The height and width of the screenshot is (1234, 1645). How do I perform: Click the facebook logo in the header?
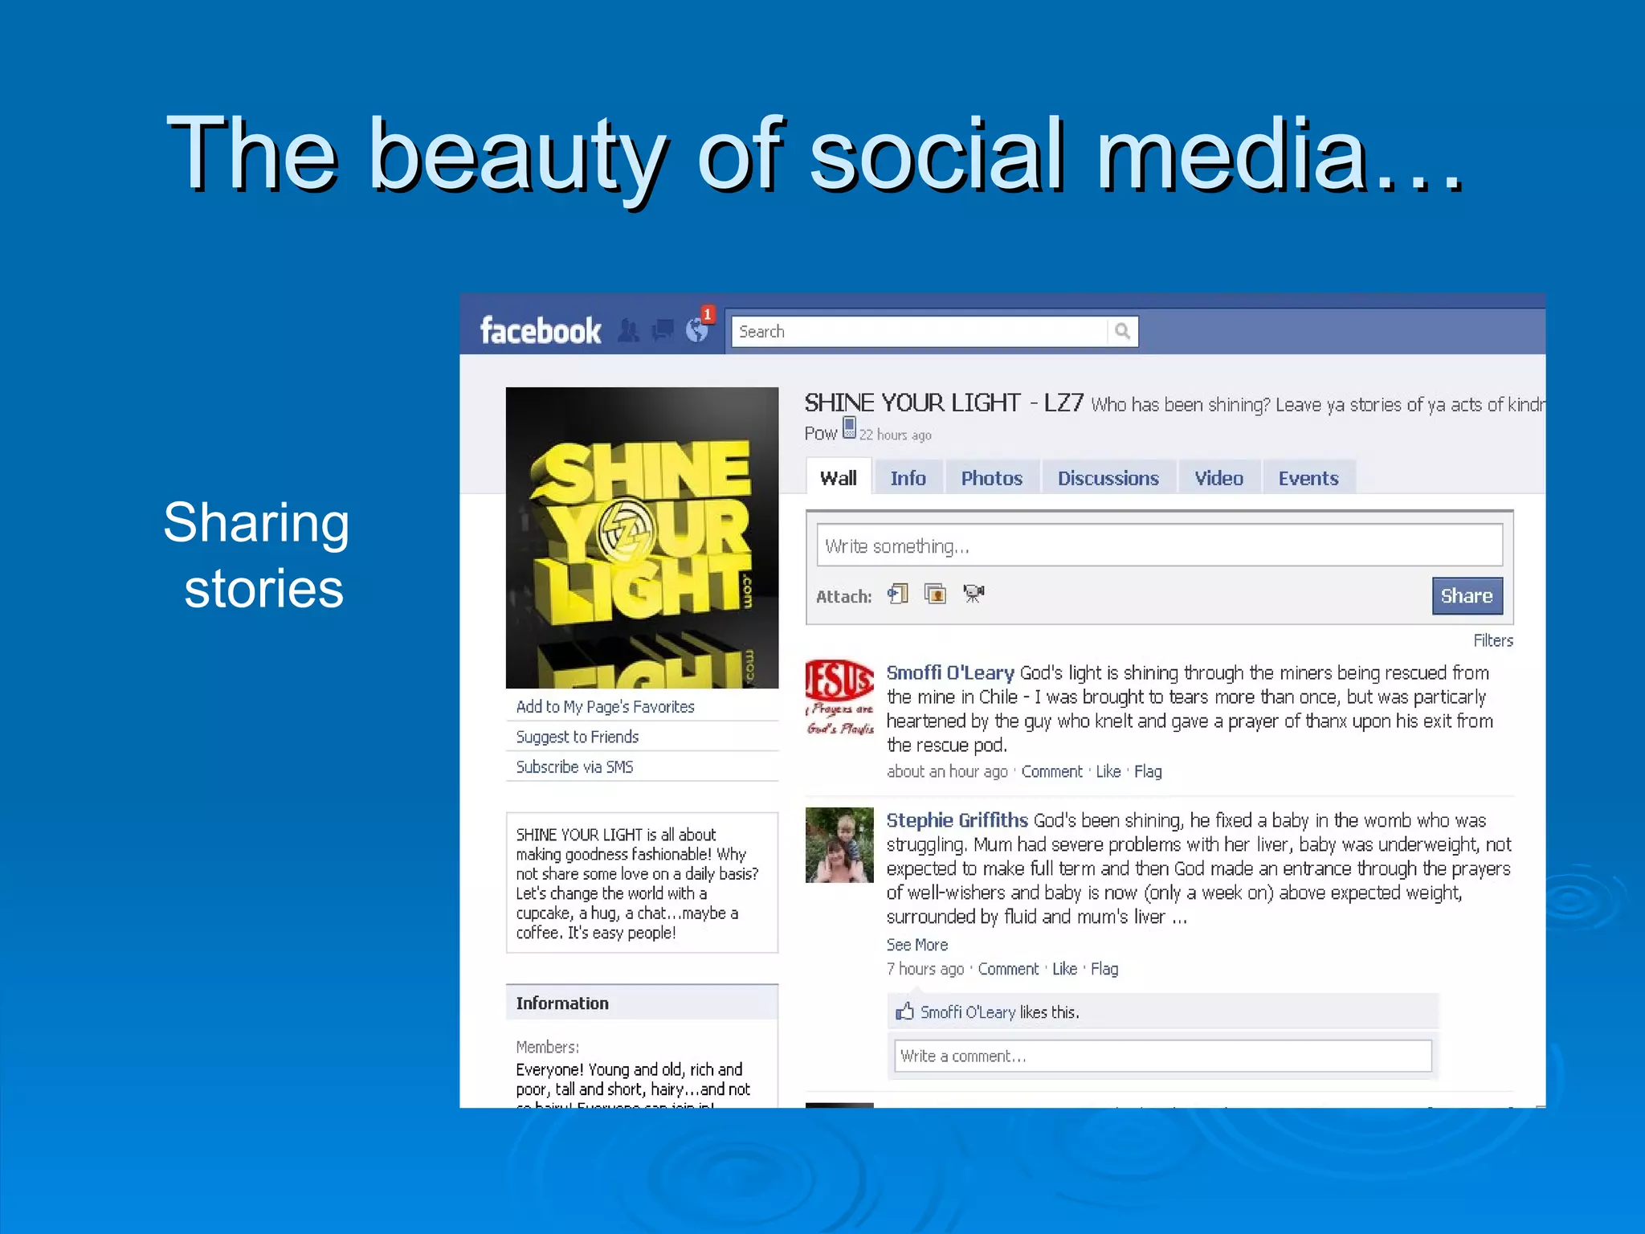click(540, 331)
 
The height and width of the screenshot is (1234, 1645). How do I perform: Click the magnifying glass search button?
click(1122, 331)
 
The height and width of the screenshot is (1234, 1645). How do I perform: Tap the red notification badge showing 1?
click(708, 314)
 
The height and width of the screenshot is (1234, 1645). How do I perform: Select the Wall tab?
click(838, 478)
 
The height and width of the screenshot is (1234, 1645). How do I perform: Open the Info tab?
click(908, 478)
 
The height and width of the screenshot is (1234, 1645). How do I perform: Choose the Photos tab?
click(991, 478)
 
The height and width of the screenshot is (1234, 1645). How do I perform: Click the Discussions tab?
click(1108, 478)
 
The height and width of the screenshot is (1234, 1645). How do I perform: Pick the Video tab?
click(1218, 478)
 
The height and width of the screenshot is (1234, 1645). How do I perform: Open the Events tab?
click(1308, 478)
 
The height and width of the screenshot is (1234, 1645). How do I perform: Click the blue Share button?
click(1466, 595)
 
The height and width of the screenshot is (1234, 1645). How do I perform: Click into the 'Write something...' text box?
click(1158, 545)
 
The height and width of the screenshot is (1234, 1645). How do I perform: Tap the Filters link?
click(1492, 640)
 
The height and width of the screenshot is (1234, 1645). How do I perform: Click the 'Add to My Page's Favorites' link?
click(605, 706)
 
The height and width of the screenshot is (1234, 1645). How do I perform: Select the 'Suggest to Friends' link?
click(577, 737)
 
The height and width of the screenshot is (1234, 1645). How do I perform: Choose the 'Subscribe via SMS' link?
click(574, 766)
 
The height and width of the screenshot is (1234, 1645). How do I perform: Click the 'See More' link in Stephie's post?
click(916, 945)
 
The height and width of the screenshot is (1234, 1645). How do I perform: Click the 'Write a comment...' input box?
click(1161, 1056)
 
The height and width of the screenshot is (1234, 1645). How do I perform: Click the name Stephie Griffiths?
click(957, 820)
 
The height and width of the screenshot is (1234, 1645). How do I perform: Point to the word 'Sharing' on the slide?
click(256, 523)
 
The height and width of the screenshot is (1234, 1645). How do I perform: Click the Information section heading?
click(562, 1003)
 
